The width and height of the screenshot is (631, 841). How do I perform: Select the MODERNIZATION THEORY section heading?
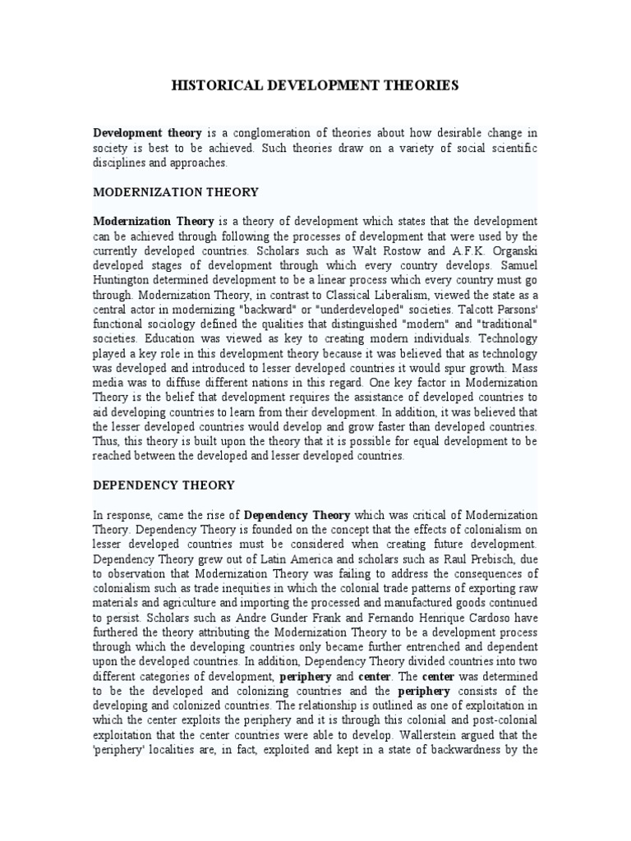point(176,192)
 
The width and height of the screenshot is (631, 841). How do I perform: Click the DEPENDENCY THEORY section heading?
point(164,485)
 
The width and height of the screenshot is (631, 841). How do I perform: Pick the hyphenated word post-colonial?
point(504,722)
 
